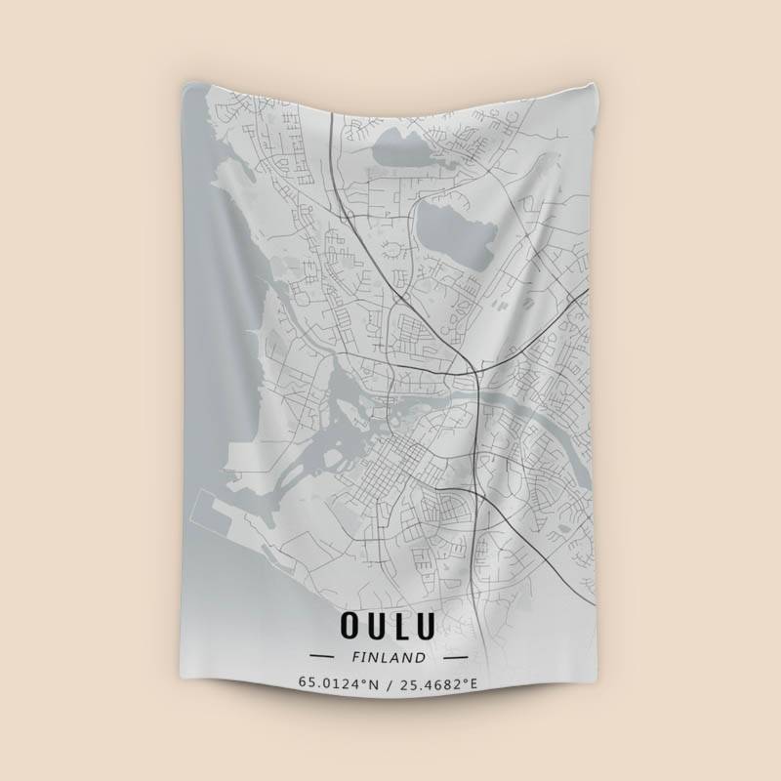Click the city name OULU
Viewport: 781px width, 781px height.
388,622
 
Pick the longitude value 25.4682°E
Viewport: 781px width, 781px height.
438,682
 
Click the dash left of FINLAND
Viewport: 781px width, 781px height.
321,657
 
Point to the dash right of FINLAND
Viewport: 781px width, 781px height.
454,657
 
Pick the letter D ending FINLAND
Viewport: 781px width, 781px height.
422,657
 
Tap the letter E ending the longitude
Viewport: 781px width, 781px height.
474,682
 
